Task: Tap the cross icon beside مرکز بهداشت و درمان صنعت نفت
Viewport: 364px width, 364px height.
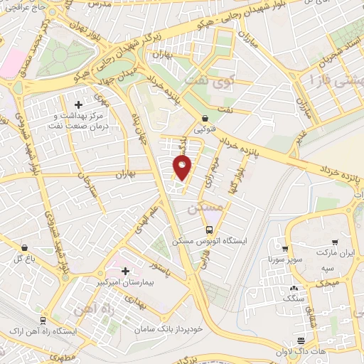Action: click(x=78, y=105)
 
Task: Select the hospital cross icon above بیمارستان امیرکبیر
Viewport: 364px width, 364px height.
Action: click(x=126, y=270)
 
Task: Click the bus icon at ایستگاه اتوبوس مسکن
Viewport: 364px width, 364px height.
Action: click(x=209, y=230)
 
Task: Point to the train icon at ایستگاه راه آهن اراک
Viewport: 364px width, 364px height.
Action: click(x=43, y=321)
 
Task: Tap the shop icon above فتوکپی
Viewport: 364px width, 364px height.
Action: click(x=205, y=119)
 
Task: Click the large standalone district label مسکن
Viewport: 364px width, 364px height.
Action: click(x=203, y=210)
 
